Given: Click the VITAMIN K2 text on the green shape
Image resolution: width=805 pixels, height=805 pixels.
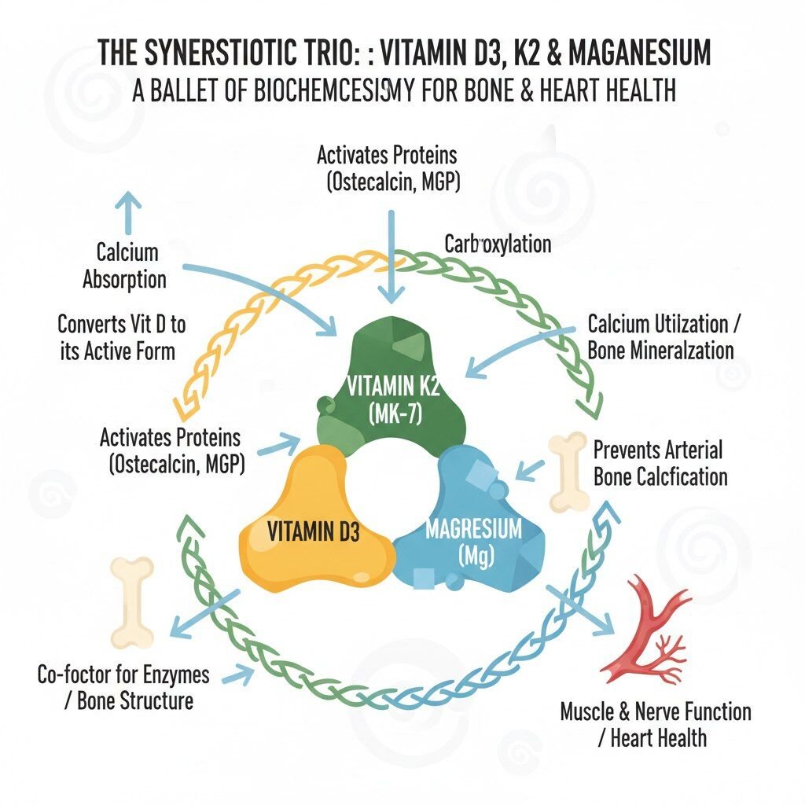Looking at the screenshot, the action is pyautogui.click(x=393, y=386).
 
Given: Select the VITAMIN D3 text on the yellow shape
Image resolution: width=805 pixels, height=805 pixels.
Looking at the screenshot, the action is pyautogui.click(x=313, y=531).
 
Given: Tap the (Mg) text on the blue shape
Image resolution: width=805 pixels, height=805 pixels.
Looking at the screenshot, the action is pyautogui.click(x=475, y=556).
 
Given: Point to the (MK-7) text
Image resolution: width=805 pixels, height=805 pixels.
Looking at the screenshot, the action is pyautogui.click(x=395, y=414).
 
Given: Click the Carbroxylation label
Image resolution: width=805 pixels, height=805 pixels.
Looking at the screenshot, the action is pyautogui.click(x=498, y=244).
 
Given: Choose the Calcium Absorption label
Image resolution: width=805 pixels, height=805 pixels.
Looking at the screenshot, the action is pyautogui.click(x=125, y=266).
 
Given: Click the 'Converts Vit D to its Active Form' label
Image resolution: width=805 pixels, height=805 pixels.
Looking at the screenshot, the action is pyautogui.click(x=121, y=338).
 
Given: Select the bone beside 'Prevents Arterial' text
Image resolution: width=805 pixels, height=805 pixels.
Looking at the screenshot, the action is pyautogui.click(x=568, y=472).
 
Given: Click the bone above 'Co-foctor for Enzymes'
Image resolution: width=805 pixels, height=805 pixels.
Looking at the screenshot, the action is pyautogui.click(x=132, y=601).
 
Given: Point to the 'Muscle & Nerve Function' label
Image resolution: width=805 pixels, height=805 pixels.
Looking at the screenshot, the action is pyautogui.click(x=655, y=712).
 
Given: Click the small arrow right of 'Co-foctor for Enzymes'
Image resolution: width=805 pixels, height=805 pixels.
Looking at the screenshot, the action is pyautogui.click(x=238, y=675).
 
